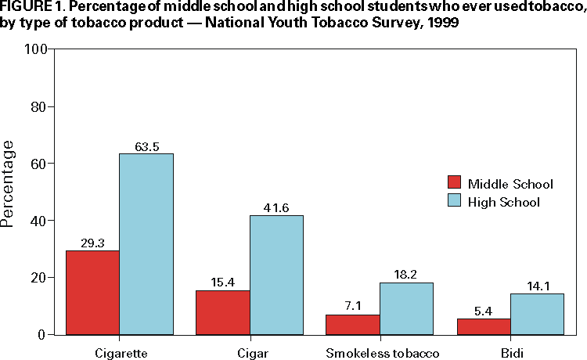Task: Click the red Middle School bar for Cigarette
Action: (x=92, y=293)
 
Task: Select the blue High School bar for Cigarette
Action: (x=146, y=244)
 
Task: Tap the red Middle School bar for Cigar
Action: (x=223, y=312)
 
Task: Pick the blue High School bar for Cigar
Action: (x=276, y=275)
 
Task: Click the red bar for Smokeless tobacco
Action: (x=353, y=324)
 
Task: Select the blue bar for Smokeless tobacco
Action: (x=406, y=308)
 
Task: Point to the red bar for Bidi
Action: (x=483, y=326)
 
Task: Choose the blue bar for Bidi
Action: (x=536, y=314)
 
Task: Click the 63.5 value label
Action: (x=146, y=146)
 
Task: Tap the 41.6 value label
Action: (x=276, y=208)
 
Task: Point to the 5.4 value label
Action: (x=483, y=311)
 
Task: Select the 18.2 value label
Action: (x=406, y=275)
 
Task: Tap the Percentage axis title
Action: (x=9, y=184)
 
